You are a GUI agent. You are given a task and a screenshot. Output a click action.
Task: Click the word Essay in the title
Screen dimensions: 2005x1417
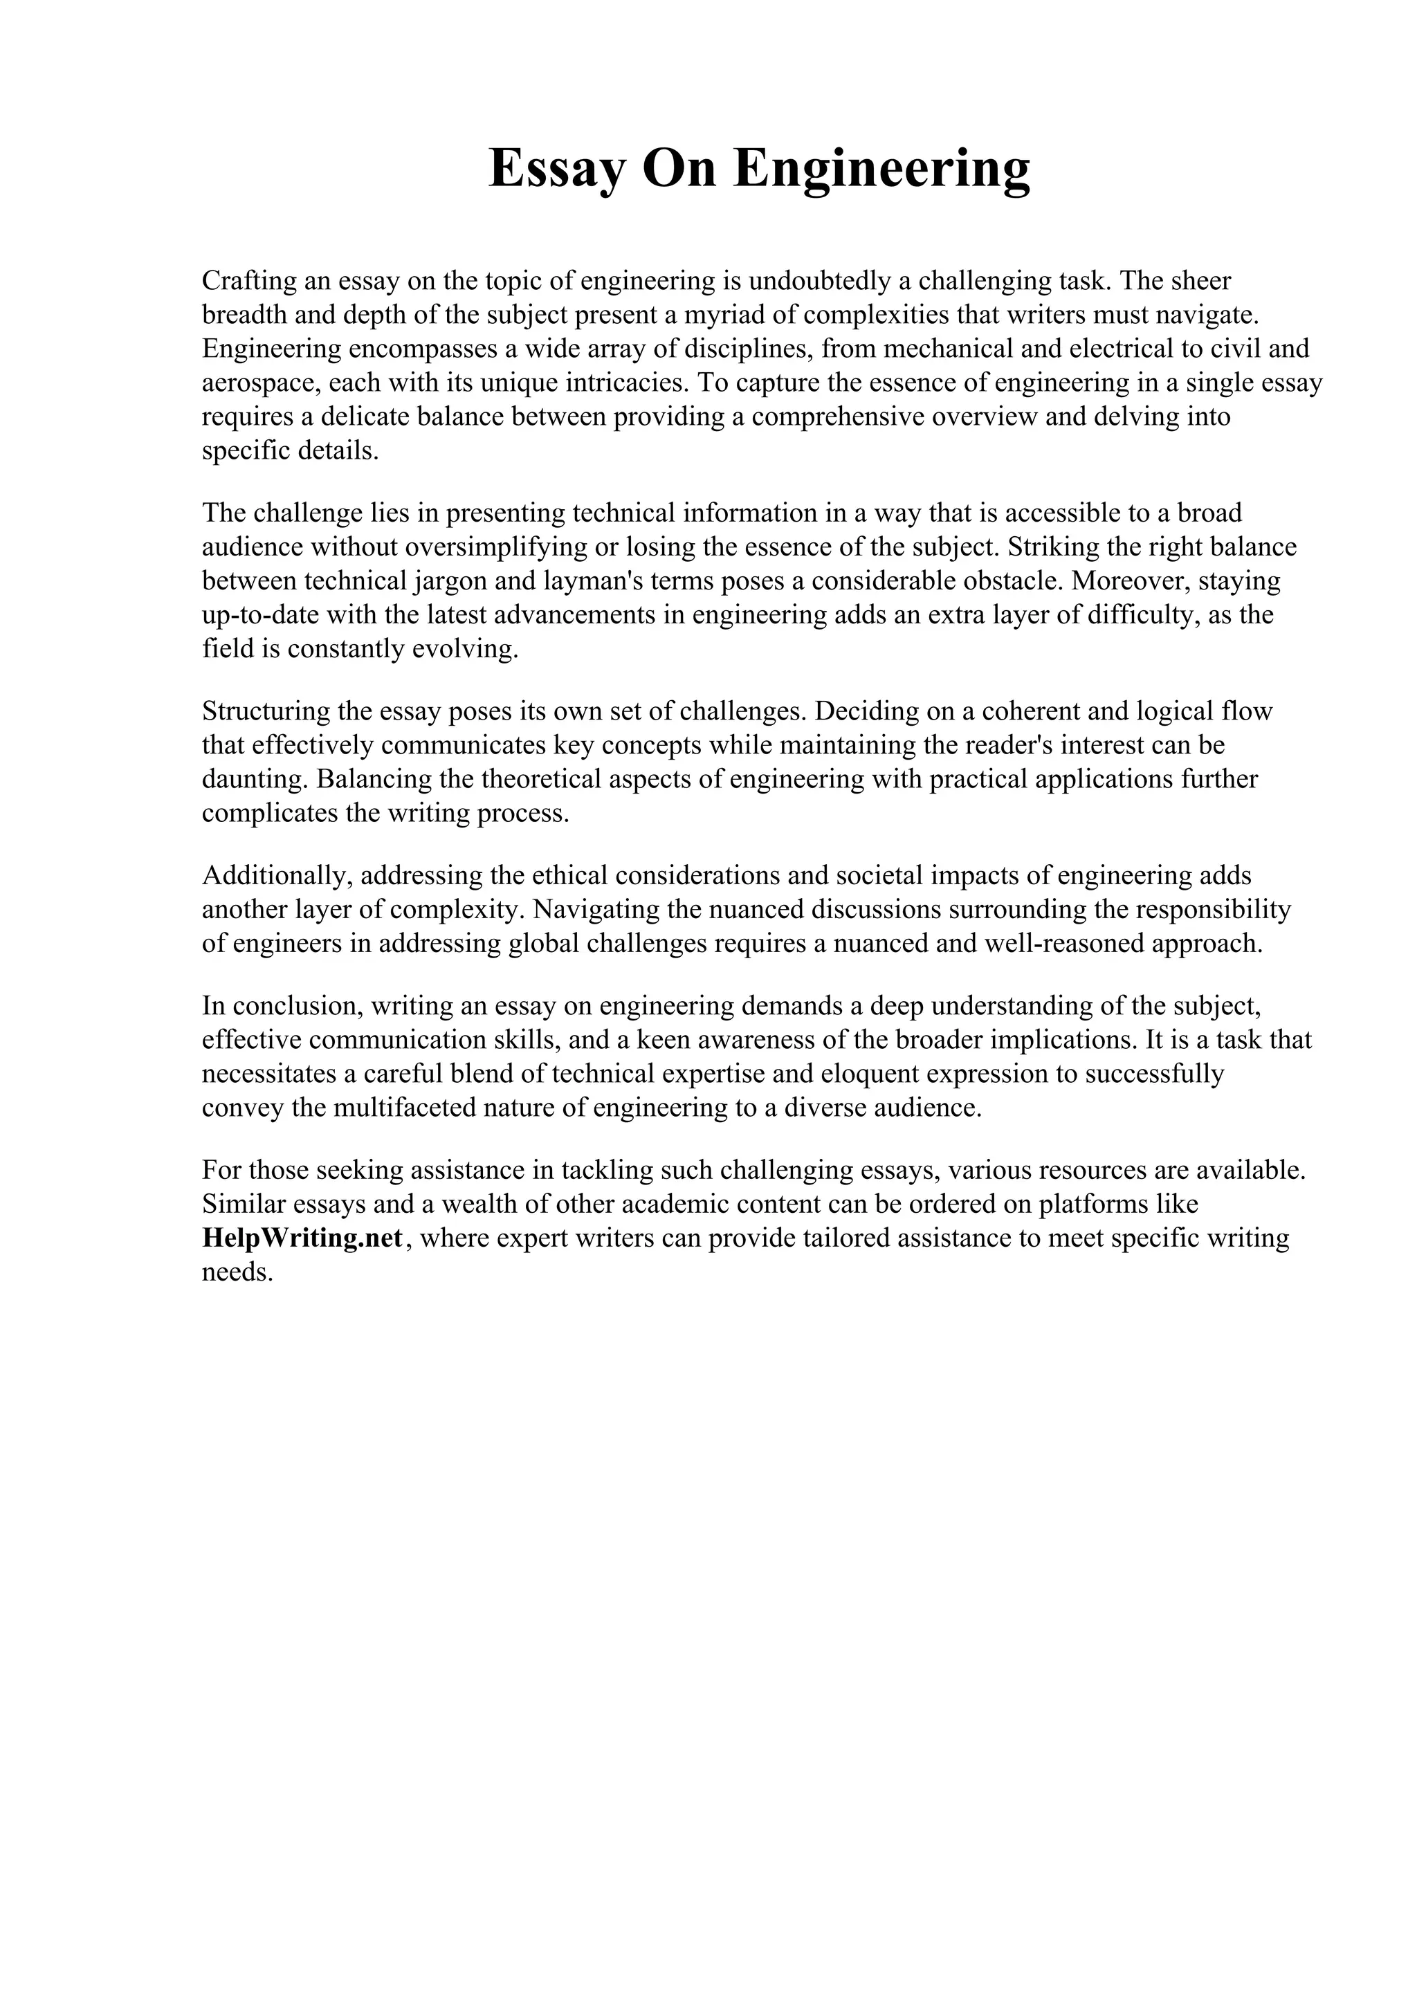point(556,169)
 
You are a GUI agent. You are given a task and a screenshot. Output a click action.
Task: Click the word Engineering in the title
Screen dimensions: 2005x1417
point(881,169)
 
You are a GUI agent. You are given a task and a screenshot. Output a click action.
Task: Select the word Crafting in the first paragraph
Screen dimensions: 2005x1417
point(244,281)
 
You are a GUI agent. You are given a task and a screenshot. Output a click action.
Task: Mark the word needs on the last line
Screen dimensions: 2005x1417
point(237,1272)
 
